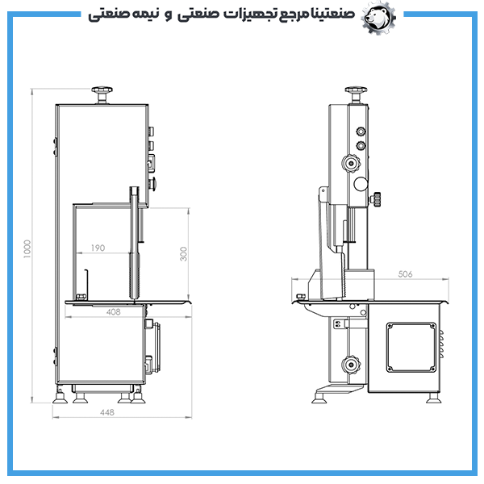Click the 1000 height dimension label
pyautogui.click(x=27, y=248)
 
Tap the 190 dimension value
pyautogui.click(x=98, y=248)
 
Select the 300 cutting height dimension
pyautogui.click(x=183, y=254)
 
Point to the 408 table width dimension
pyautogui.click(x=113, y=312)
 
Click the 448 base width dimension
pyautogui.click(x=107, y=412)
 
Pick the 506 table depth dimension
pyautogui.click(x=405, y=274)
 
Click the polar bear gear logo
pyautogui.click(x=378, y=18)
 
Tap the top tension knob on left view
pyautogui.click(x=102, y=94)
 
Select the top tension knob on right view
pyautogui.click(x=356, y=94)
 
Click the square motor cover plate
pyautogui.click(x=411, y=347)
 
